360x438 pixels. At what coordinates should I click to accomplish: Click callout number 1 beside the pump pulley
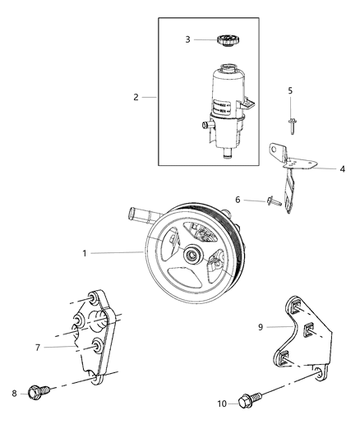coord(85,253)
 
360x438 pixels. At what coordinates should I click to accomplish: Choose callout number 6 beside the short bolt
coord(238,199)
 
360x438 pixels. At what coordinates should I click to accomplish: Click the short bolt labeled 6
coord(272,200)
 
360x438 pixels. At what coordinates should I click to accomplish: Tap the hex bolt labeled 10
coord(251,401)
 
